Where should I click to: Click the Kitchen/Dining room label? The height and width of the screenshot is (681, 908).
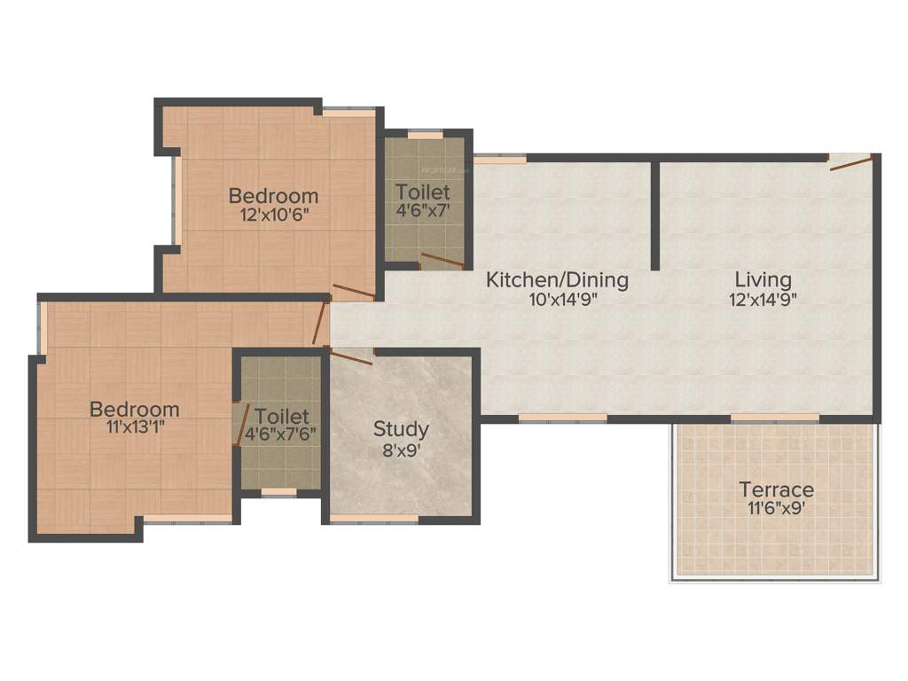pyautogui.click(x=557, y=280)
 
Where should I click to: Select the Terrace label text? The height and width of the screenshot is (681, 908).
pyautogui.click(x=777, y=489)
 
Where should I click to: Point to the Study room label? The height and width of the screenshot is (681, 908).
pyautogui.click(x=401, y=429)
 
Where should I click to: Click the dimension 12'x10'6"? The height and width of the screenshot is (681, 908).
pyautogui.click(x=273, y=214)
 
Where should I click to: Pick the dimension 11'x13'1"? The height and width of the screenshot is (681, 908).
pyautogui.click(x=134, y=426)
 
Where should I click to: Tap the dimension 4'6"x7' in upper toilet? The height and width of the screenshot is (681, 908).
pyautogui.click(x=423, y=210)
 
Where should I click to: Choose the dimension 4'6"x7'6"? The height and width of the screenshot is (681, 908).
pyautogui.click(x=281, y=434)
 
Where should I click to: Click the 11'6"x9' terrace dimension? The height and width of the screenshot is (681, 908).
pyautogui.click(x=777, y=509)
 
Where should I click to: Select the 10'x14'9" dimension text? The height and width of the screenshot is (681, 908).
pyautogui.click(x=557, y=300)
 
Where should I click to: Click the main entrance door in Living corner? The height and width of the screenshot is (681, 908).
pyautogui.click(x=849, y=161)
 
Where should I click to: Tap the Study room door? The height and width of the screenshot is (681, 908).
pyautogui.click(x=351, y=356)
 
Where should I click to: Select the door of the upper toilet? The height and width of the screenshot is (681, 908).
pyautogui.click(x=442, y=260)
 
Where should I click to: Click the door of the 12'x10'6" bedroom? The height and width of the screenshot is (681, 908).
pyautogui.click(x=353, y=294)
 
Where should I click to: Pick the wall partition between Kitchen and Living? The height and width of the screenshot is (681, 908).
pyautogui.click(x=655, y=215)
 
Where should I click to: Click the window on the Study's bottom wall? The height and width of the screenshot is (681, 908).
pyautogui.click(x=373, y=519)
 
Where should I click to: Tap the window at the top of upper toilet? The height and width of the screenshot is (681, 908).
pyautogui.click(x=426, y=135)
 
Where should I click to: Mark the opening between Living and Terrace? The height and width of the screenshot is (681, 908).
pyautogui.click(x=775, y=418)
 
